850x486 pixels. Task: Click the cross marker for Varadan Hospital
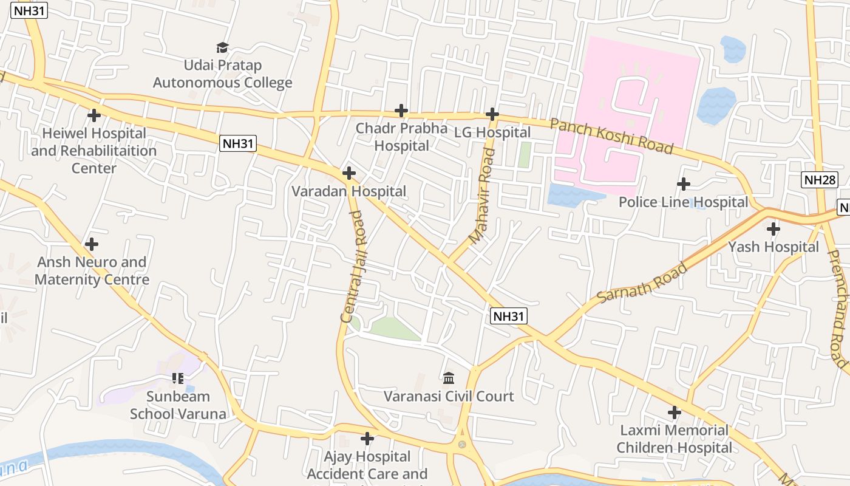[x=348, y=173]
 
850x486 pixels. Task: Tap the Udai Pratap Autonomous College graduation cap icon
[x=222, y=47]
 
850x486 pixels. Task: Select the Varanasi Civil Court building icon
[x=449, y=378]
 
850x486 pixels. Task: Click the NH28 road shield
[x=820, y=179]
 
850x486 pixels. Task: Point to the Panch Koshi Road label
[x=611, y=137]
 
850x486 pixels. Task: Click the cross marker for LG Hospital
[x=492, y=114]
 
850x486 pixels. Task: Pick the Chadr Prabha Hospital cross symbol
[x=401, y=111]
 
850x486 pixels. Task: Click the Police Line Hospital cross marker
[x=684, y=183]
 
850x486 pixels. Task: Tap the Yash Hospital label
[x=773, y=247]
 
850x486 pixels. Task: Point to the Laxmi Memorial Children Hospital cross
[x=674, y=412]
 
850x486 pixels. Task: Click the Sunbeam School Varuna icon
[x=177, y=378]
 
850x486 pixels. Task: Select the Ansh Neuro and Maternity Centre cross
[x=92, y=244]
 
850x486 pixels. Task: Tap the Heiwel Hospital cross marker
[x=93, y=115]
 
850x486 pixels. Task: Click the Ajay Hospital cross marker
[x=367, y=438]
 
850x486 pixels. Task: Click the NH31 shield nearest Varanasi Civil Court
[x=508, y=316]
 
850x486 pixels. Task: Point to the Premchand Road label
[x=837, y=309]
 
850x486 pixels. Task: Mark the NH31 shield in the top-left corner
[x=29, y=10]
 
